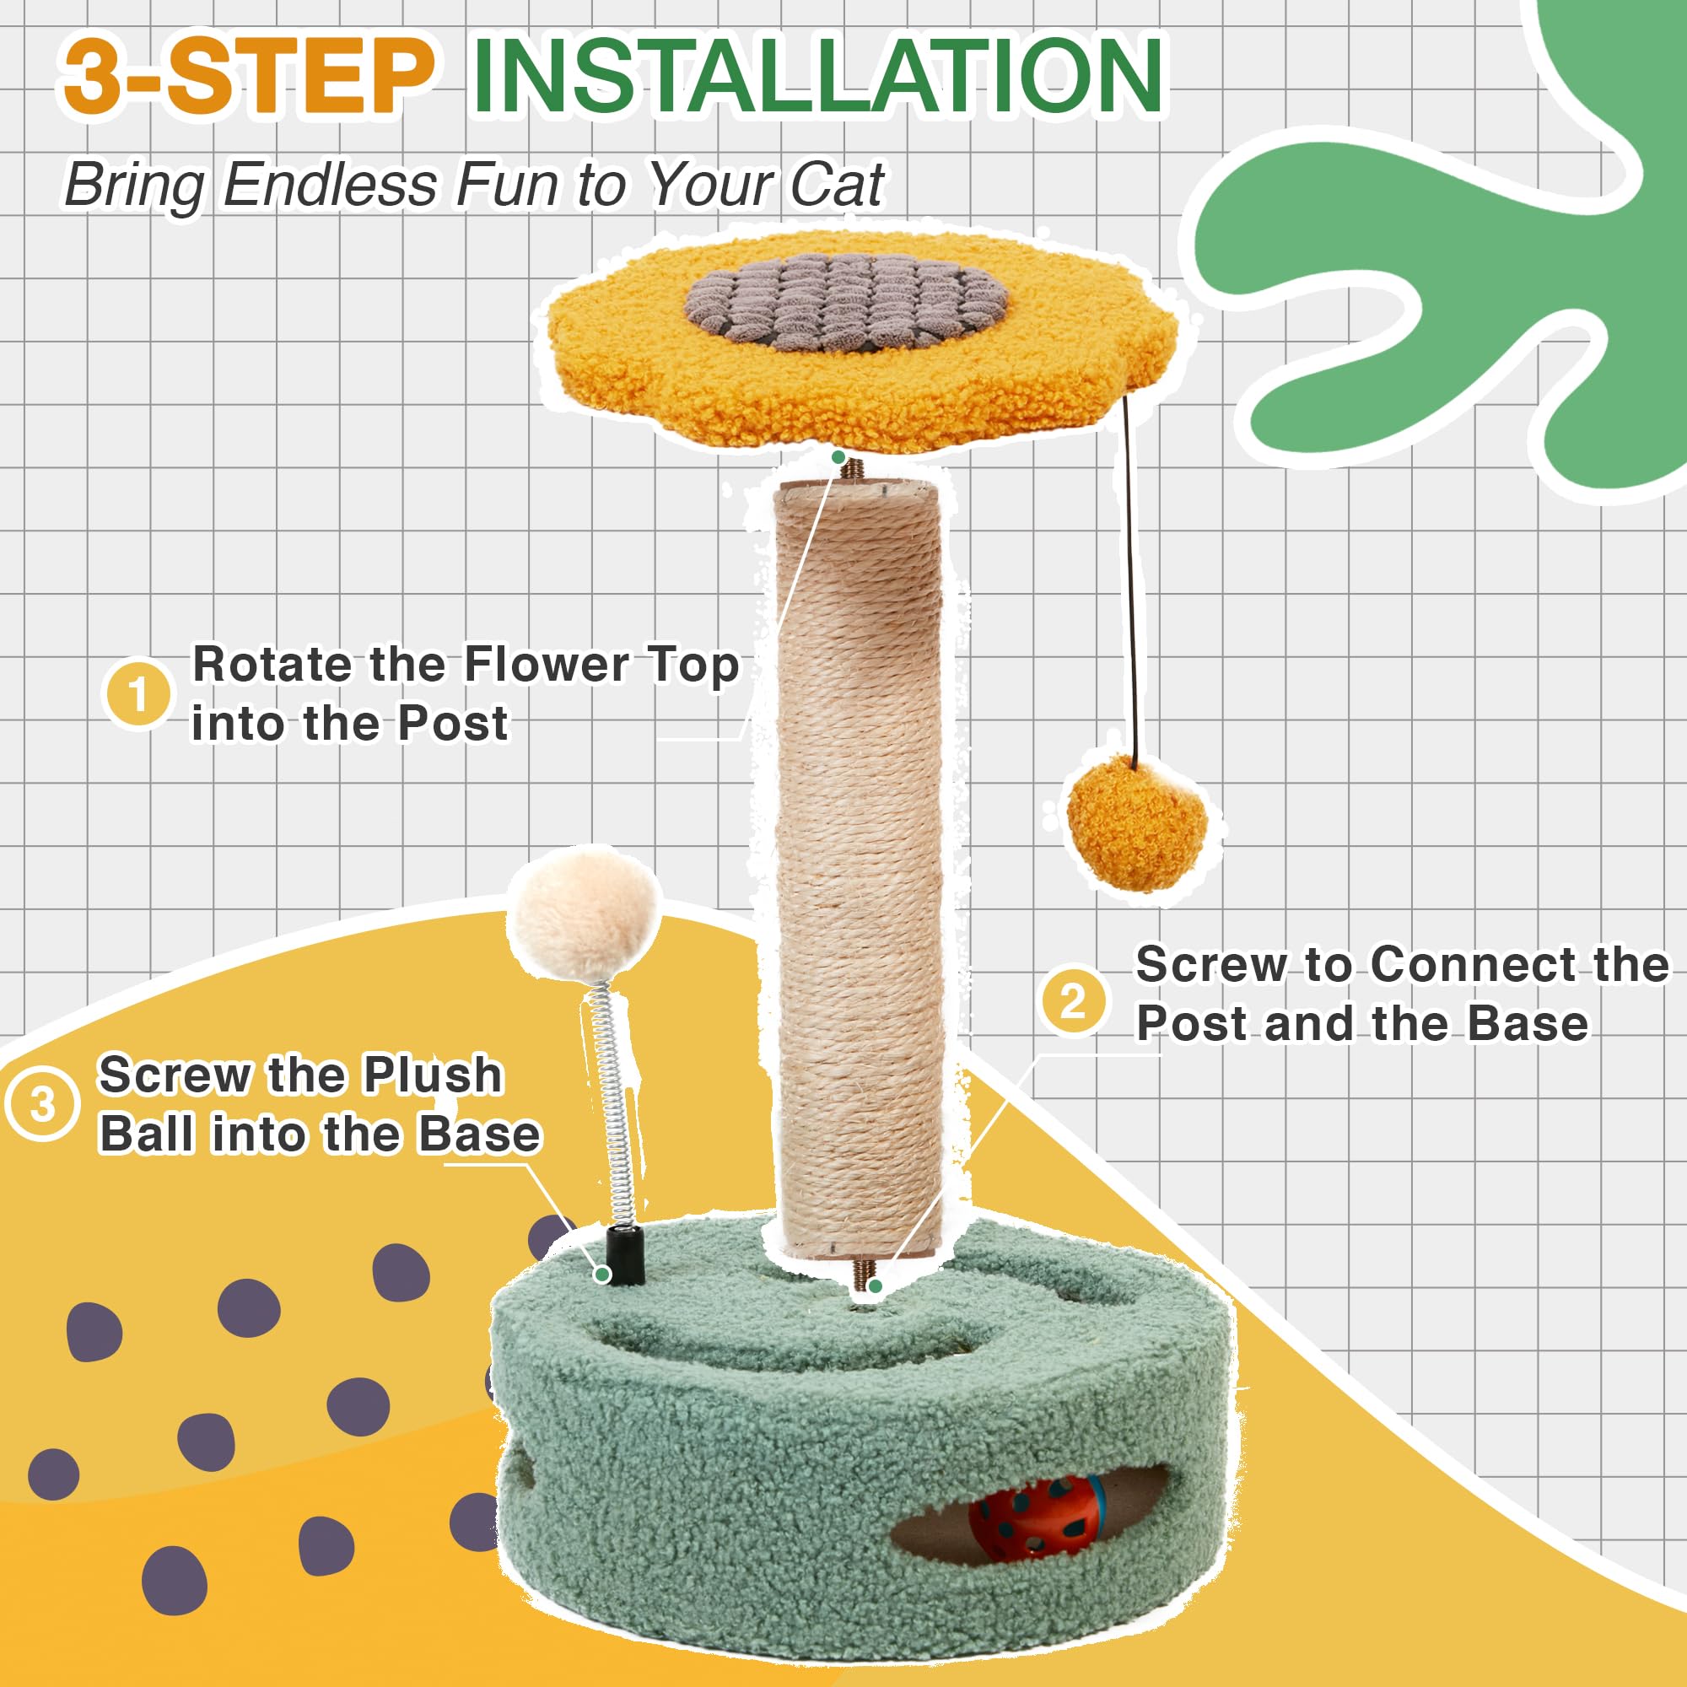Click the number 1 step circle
[x=138, y=694]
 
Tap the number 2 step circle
[x=1073, y=1000]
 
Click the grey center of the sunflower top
[x=845, y=302]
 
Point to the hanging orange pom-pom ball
[x=1136, y=822]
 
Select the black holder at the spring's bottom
[x=625, y=1254]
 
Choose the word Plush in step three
[x=432, y=1074]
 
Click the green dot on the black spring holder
[x=601, y=1275]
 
